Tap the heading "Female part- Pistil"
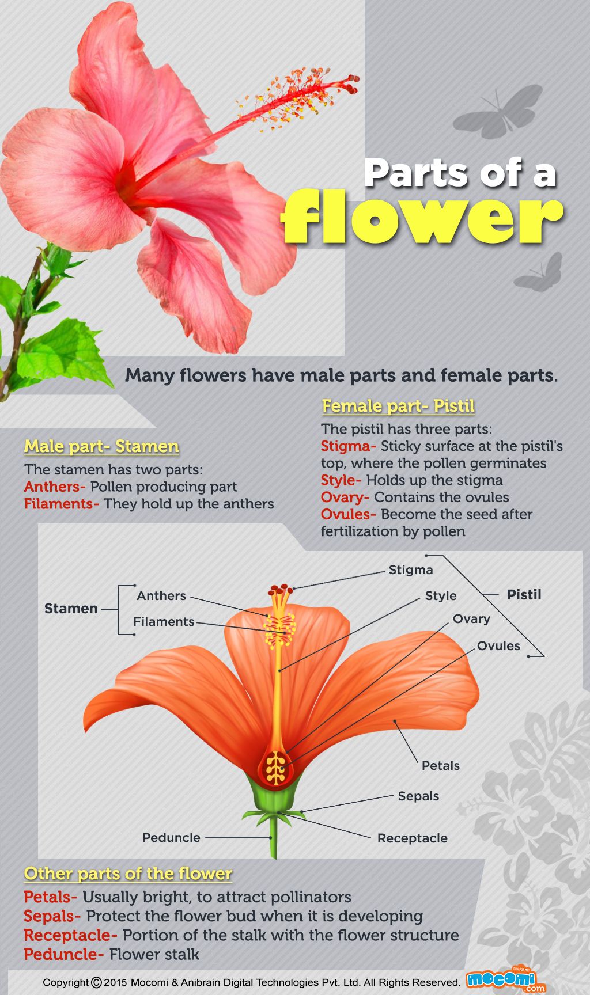pyautogui.click(x=398, y=406)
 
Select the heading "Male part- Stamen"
pyautogui.click(x=101, y=446)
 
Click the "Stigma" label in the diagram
pyautogui.click(x=410, y=569)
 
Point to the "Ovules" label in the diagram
pyautogui.click(x=498, y=645)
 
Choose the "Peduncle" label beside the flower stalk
pyautogui.click(x=171, y=837)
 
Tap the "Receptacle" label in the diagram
pyautogui.click(x=412, y=838)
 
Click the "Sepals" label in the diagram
pyautogui.click(x=418, y=796)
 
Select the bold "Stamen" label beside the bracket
pyautogui.click(x=71, y=609)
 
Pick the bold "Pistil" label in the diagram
pyautogui.click(x=524, y=594)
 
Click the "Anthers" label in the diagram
pyautogui.click(x=161, y=595)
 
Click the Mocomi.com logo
pyautogui.click(x=505, y=979)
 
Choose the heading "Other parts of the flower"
pyautogui.click(x=128, y=874)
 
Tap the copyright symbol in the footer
pyautogui.click(x=96, y=982)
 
